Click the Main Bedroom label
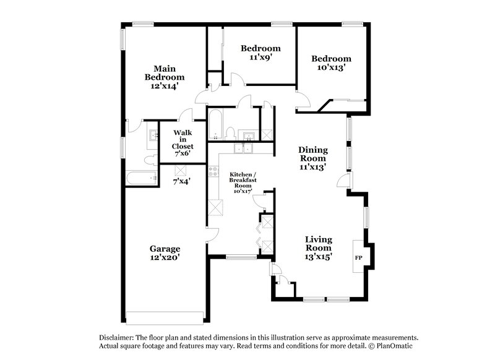click(164, 72)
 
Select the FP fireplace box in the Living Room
click(358, 256)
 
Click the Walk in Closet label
click(183, 139)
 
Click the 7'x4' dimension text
click(181, 182)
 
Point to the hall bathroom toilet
click(230, 132)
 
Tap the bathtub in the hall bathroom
click(215, 124)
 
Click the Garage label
click(164, 249)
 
